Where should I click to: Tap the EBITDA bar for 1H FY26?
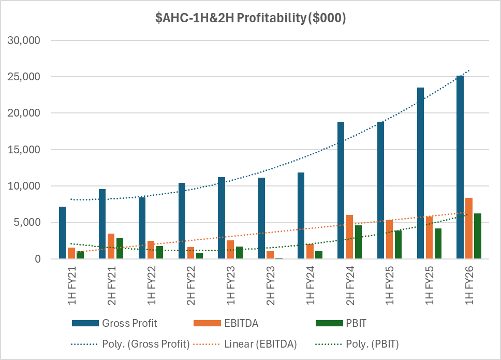[x=469, y=228]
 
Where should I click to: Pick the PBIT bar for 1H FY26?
[x=478, y=236]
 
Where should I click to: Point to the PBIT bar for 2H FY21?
[x=120, y=248]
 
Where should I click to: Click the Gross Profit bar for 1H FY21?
[x=63, y=233]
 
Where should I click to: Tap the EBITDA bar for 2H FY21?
[x=111, y=246]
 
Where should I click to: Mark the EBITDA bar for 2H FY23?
[x=270, y=255]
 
